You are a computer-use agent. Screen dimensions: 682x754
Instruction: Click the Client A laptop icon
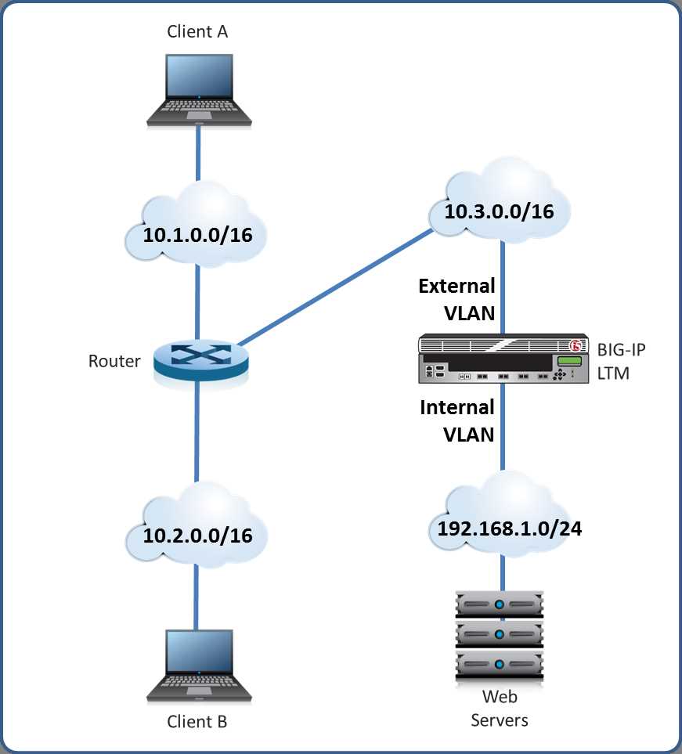pyautogui.click(x=199, y=90)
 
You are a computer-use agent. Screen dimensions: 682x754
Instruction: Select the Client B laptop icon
pyautogui.click(x=199, y=666)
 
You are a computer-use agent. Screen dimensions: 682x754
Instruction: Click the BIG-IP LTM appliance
pyautogui.click(x=503, y=359)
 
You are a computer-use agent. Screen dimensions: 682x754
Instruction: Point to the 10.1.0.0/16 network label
pyautogui.click(x=197, y=235)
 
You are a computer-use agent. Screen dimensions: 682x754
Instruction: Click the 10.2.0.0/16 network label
pyautogui.click(x=197, y=536)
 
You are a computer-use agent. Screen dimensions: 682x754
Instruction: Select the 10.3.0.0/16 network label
pyautogui.click(x=500, y=211)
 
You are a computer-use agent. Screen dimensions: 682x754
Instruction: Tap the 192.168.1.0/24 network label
pyautogui.click(x=509, y=529)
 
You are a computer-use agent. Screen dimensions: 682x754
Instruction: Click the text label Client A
pyautogui.click(x=197, y=32)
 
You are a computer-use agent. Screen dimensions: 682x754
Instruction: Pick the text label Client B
pyautogui.click(x=197, y=721)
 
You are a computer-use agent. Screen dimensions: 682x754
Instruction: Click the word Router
pyautogui.click(x=114, y=361)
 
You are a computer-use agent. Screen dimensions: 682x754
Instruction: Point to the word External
pyautogui.click(x=457, y=286)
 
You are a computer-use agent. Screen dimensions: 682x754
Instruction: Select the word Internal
pyautogui.click(x=457, y=407)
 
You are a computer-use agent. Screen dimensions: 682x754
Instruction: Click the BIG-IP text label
pyautogui.click(x=622, y=349)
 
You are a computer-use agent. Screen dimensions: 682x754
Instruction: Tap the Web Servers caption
pyautogui.click(x=500, y=709)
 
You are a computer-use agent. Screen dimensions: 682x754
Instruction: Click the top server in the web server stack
pyautogui.click(x=500, y=604)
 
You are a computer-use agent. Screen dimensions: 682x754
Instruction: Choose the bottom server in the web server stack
pyautogui.click(x=500, y=666)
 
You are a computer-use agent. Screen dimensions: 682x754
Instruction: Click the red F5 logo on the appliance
pyautogui.click(x=576, y=345)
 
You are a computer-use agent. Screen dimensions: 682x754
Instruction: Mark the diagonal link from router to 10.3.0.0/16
pyautogui.click(x=336, y=287)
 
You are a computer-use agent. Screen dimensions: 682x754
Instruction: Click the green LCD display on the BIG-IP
pyautogui.click(x=569, y=361)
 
